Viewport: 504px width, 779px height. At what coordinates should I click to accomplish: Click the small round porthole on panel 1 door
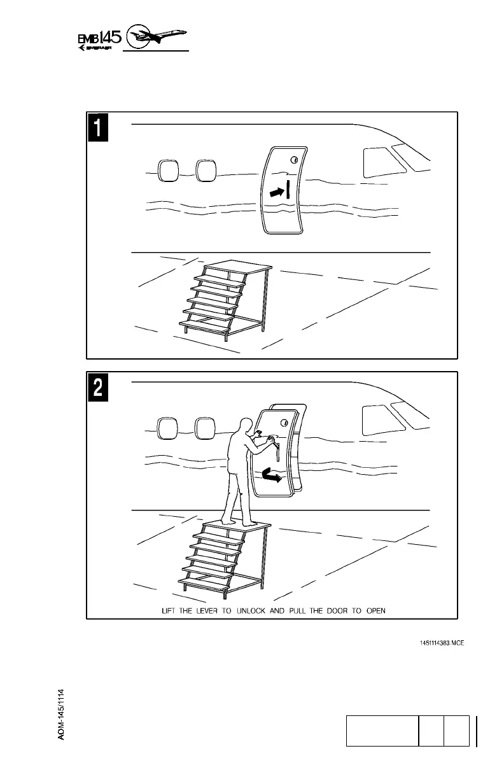[294, 160]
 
